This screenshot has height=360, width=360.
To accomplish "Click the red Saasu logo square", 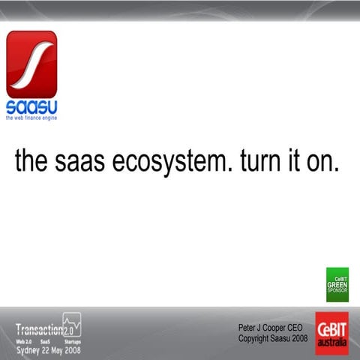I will click(31, 64).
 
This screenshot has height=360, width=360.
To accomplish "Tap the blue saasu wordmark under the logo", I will click(31, 106).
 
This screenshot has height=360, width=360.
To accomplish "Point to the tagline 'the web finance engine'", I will click(31, 118).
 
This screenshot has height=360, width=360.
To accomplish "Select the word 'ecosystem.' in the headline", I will click(168, 163).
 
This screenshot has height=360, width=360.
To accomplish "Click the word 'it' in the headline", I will click(294, 163).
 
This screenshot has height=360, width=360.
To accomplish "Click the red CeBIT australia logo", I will click(331, 333).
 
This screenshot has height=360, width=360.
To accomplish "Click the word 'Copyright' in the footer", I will click(254, 338).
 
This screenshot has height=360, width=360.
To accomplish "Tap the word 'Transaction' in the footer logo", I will click(39, 328).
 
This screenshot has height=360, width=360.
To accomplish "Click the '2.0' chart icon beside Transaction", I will click(72, 325).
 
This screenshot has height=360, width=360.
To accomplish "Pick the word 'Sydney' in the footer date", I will click(28, 349).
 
